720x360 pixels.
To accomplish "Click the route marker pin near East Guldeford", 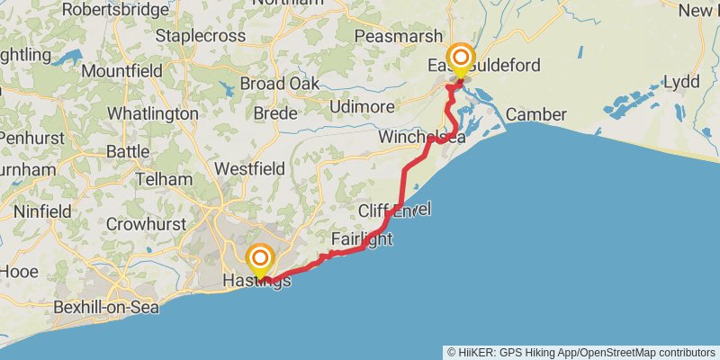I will (461, 60).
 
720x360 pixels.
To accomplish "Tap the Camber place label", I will (535, 114).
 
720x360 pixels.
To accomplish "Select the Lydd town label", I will (680, 82).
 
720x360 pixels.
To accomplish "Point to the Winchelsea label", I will (421, 137).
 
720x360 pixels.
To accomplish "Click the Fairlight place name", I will (361, 240).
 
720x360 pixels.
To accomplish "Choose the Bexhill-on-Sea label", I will (105, 308).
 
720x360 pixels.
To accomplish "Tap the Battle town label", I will (128, 151).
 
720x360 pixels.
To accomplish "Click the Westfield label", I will (249, 168).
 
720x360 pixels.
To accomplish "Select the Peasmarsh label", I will (399, 37).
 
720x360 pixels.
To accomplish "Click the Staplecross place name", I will (201, 36).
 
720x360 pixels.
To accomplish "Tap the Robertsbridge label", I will (115, 10).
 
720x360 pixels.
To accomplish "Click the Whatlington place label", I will (152, 114).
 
